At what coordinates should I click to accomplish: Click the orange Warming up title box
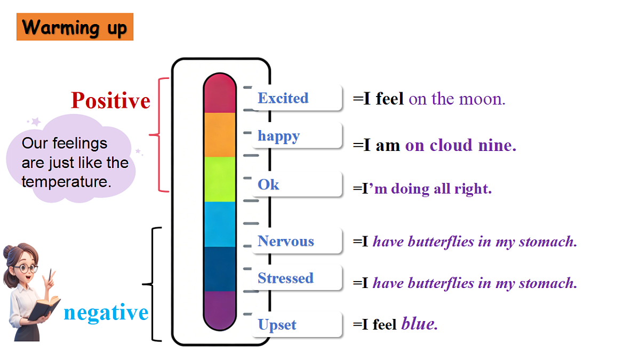coord(75,27)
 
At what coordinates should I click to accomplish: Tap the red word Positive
coord(110,100)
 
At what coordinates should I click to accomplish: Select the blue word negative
coord(106,313)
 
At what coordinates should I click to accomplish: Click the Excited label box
coord(297,98)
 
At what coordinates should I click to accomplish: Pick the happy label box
coord(297,135)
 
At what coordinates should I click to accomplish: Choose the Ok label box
coord(297,185)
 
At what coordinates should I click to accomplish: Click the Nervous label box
coord(297,241)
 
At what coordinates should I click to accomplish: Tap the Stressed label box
coord(297,278)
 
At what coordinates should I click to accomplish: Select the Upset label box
coord(297,324)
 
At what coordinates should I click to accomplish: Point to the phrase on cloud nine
coord(461,145)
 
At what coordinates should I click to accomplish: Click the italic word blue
coord(419,324)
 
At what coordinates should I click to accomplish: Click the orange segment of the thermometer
coord(220,134)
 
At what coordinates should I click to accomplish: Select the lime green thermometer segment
coord(220,179)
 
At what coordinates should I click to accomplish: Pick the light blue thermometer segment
coord(220,225)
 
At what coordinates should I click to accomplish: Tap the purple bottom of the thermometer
coord(220,310)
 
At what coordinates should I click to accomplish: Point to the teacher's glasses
coord(26,268)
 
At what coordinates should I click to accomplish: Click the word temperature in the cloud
coord(66,181)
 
